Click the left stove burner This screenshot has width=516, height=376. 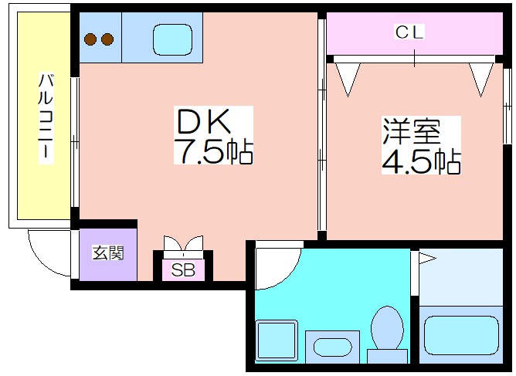[x=90, y=39]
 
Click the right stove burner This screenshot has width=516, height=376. [x=107, y=39]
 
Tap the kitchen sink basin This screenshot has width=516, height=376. [x=173, y=40]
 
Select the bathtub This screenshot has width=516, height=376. [x=461, y=335]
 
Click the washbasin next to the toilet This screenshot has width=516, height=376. [x=332, y=347]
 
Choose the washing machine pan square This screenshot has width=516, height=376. [x=277, y=340]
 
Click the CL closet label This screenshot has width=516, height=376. [x=409, y=32]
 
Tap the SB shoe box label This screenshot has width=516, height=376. [x=183, y=270]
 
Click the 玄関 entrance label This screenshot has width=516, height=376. [x=108, y=253]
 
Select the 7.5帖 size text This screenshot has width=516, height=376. [x=213, y=151]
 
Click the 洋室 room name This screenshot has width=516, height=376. [x=411, y=131]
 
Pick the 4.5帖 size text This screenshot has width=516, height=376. [x=421, y=161]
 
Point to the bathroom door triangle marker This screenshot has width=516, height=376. [x=426, y=259]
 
